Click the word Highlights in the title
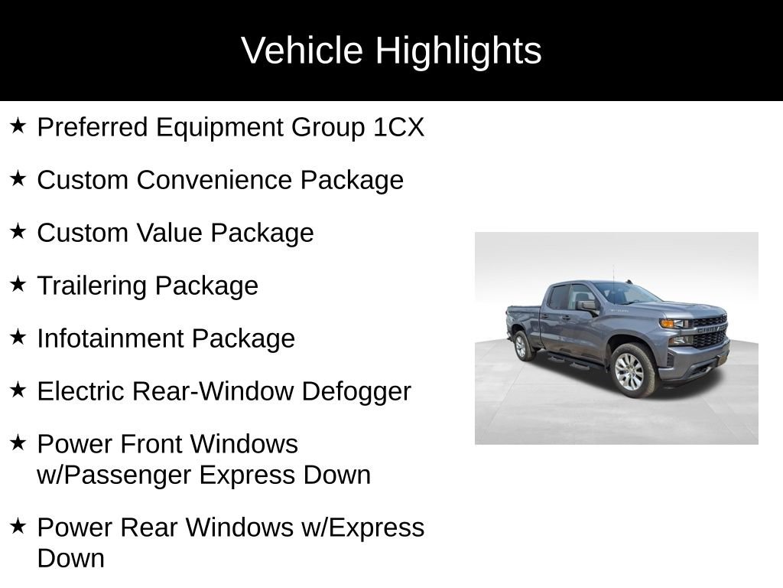click(x=458, y=51)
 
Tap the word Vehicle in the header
click(x=302, y=51)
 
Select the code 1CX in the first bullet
click(x=398, y=127)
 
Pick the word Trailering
click(x=92, y=286)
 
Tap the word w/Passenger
click(x=114, y=475)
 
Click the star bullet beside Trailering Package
click(x=18, y=284)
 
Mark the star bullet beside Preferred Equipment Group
click(x=18, y=126)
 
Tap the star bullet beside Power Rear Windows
click(x=18, y=526)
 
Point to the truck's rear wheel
click(x=524, y=345)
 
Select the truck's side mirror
click(x=587, y=305)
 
